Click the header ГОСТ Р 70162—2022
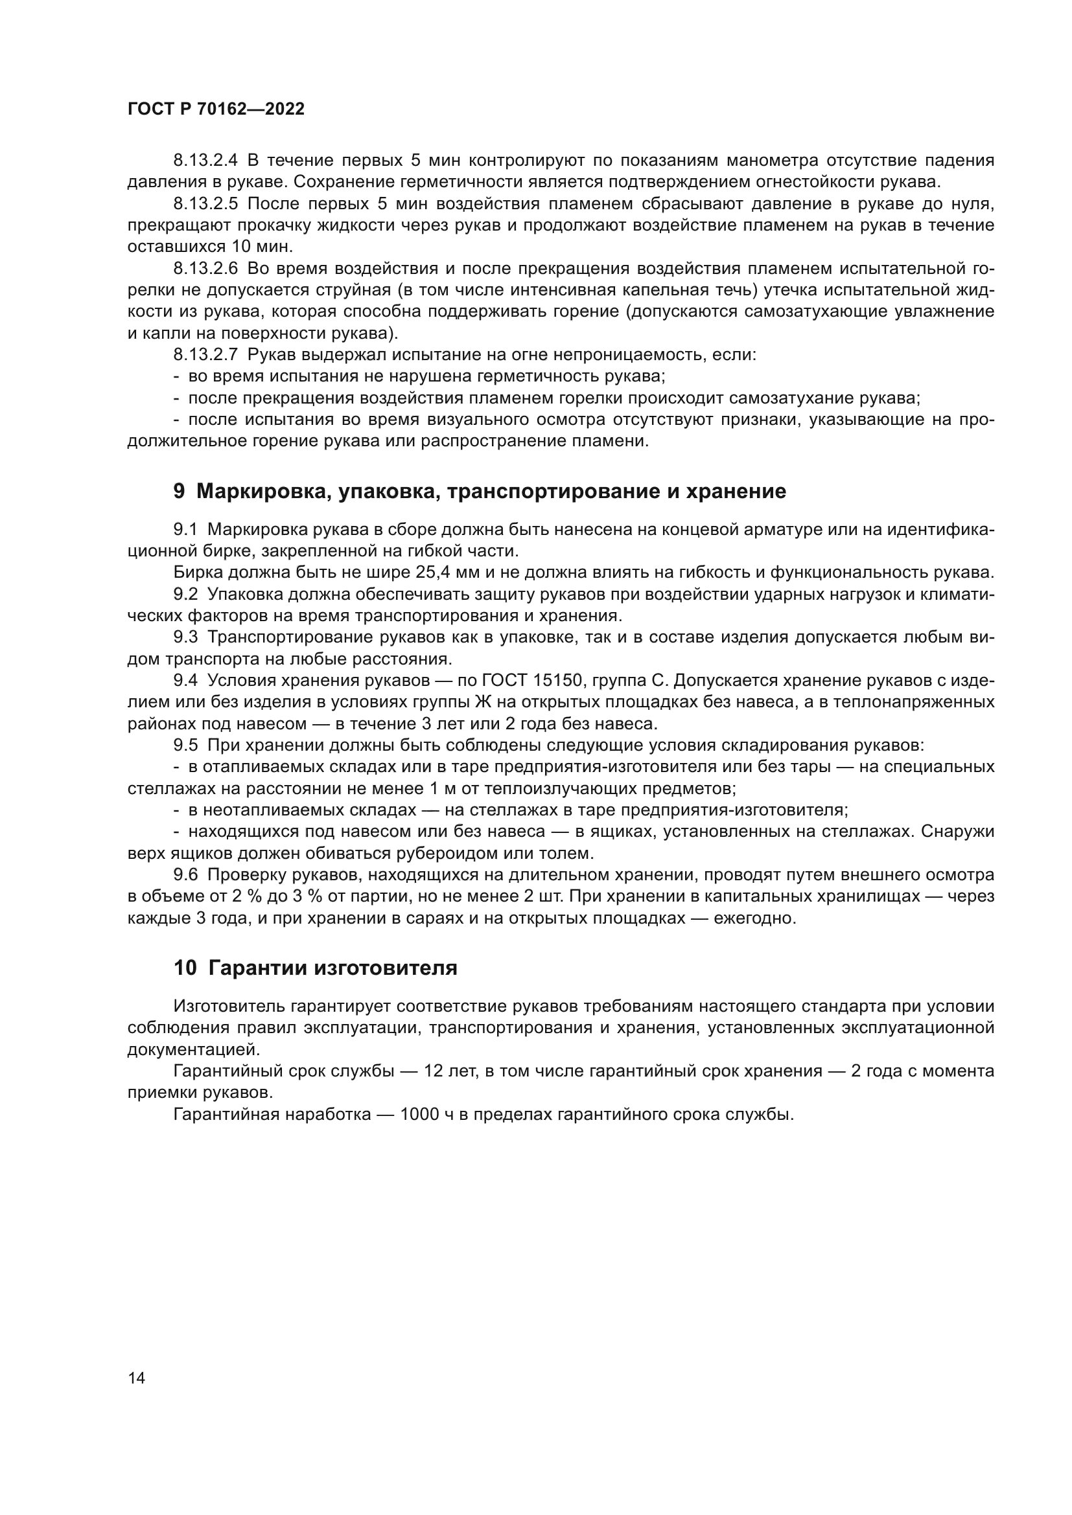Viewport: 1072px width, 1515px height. pos(216,109)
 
